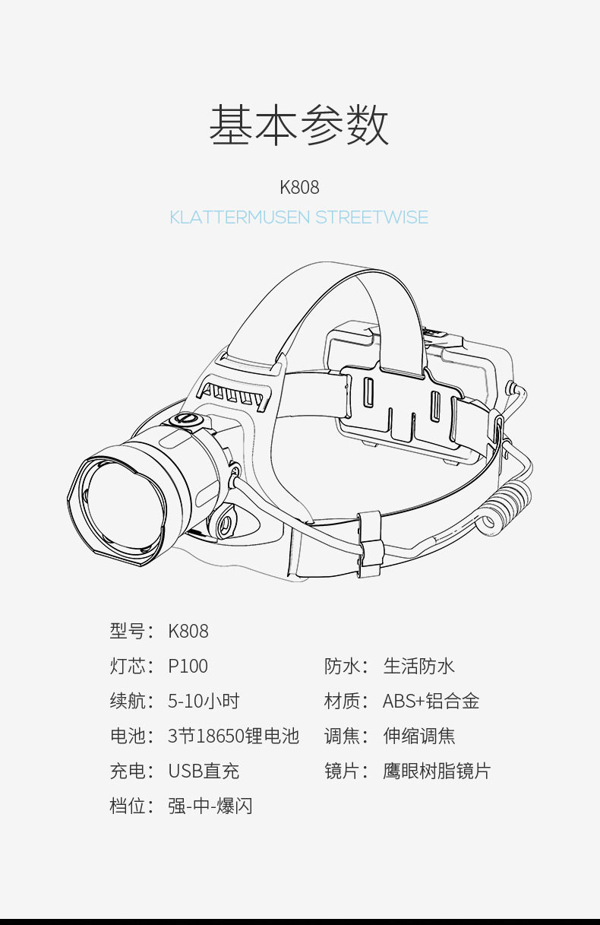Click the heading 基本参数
[299, 126]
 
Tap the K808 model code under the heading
[299, 187]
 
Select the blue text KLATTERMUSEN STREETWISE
[299, 217]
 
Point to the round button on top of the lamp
[187, 420]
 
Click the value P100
[188, 667]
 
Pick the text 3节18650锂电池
[233, 737]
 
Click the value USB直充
[204, 771]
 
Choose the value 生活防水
[418, 667]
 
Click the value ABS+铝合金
[431, 702]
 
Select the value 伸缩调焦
[418, 737]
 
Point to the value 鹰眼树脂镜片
[437, 771]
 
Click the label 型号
[127, 632]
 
